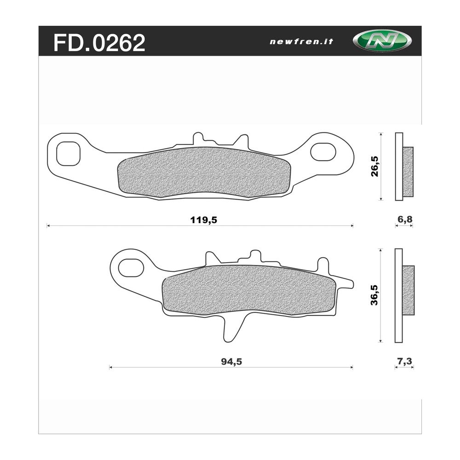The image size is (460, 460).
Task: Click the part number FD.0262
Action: (99, 42)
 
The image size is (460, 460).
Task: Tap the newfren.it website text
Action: (301, 42)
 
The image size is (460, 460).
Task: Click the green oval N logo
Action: (382, 40)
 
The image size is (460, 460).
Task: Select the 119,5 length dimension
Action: (204, 220)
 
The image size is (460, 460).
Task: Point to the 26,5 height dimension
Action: (374, 167)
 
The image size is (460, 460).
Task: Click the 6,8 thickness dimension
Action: (405, 219)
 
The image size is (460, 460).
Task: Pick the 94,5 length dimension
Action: (231, 362)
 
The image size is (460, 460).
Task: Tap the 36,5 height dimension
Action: (374, 295)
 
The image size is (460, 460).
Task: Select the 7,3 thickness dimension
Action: (405, 361)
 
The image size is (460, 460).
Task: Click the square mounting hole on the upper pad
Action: (69, 154)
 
